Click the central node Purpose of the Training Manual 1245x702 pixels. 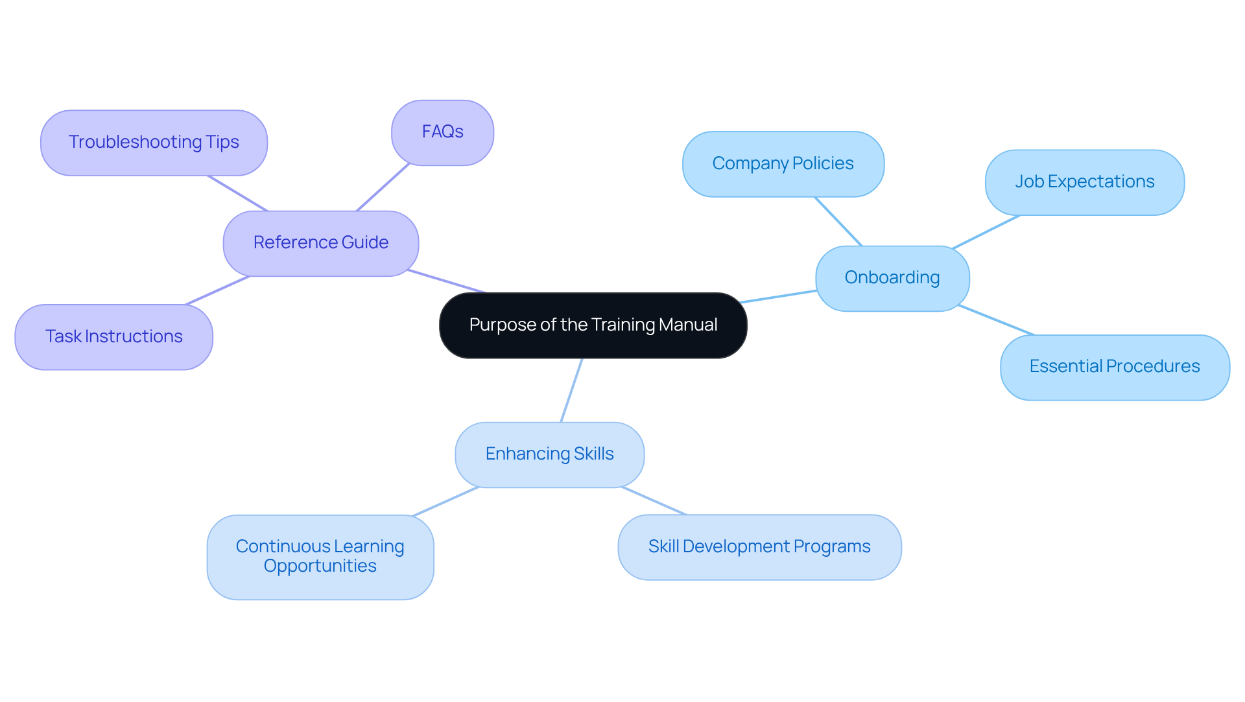tap(593, 325)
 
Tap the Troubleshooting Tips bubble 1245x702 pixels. tap(154, 143)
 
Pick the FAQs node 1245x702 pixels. tap(442, 132)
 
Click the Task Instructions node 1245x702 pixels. tap(113, 337)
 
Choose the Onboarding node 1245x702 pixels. tap(892, 278)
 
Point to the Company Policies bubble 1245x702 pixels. tap(783, 164)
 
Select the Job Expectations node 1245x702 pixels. tap(1084, 182)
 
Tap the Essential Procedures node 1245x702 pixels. tap(1114, 367)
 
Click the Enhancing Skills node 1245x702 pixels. tap(549, 454)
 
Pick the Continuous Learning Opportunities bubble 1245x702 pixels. tap(320, 557)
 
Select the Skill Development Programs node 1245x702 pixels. tap(759, 547)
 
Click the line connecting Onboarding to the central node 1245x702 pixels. tap(778, 296)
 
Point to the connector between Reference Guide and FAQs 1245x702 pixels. tap(383, 187)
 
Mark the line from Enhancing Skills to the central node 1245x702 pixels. tap(571, 390)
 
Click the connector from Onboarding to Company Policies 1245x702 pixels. tap(838, 222)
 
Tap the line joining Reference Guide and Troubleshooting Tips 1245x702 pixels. tap(237, 193)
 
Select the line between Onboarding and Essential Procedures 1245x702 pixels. tap(996, 320)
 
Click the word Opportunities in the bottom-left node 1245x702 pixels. tap(320, 567)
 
